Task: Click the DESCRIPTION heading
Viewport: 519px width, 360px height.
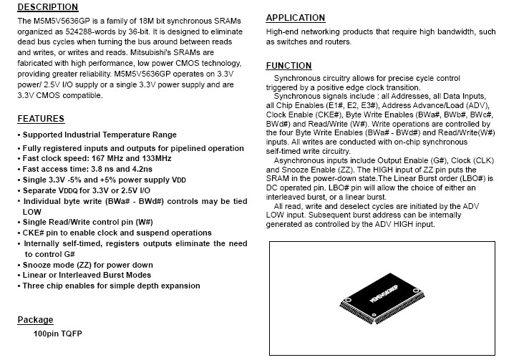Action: [x=47, y=7]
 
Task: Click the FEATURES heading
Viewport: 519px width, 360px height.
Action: [x=41, y=119]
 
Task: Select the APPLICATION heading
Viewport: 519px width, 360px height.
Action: [x=295, y=18]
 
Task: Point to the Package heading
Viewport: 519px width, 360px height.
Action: [x=35, y=320]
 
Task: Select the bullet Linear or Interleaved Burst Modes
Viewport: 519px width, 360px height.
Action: [x=87, y=276]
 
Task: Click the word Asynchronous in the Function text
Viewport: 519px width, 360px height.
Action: [x=300, y=161]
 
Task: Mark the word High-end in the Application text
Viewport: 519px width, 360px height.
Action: [x=283, y=32]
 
